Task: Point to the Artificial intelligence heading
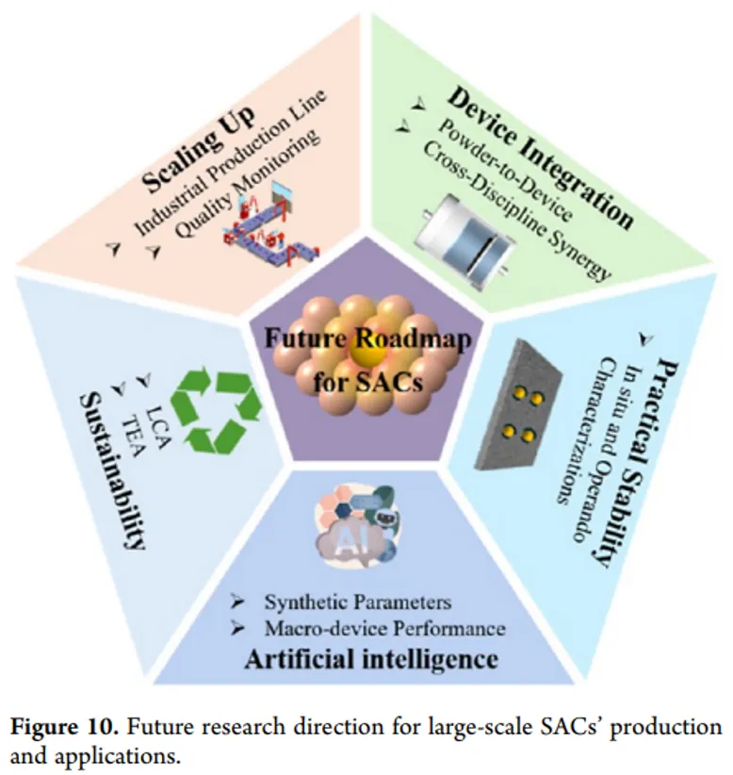click(x=371, y=658)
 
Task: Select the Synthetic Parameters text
click(x=358, y=602)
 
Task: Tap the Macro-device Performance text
click(x=385, y=627)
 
